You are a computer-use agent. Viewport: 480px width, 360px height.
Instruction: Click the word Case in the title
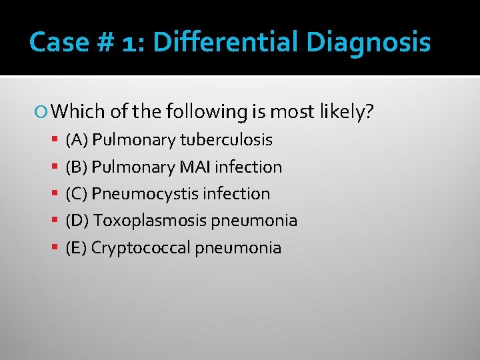click(59, 43)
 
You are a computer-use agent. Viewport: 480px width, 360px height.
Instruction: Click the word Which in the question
click(72, 112)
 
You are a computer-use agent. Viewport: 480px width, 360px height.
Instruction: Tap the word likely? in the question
click(349, 112)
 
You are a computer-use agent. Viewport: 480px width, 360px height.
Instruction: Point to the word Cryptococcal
click(141, 248)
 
